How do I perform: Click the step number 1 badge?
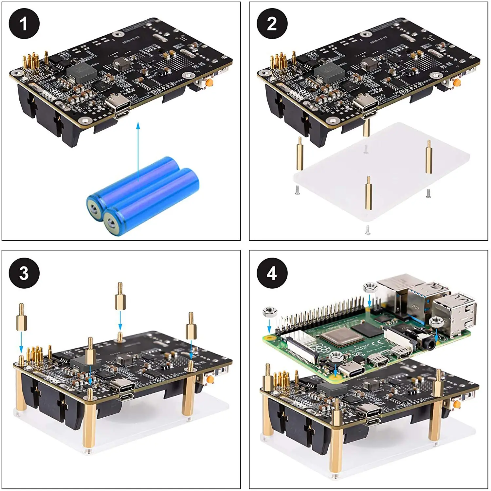[24, 24]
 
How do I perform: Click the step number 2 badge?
[272, 24]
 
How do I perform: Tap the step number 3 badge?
[24, 273]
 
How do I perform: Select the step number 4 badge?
[272, 273]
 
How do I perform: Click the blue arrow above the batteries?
[138, 151]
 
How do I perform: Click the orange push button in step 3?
[210, 379]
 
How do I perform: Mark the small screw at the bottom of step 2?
[368, 230]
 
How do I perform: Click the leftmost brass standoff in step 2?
[300, 154]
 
